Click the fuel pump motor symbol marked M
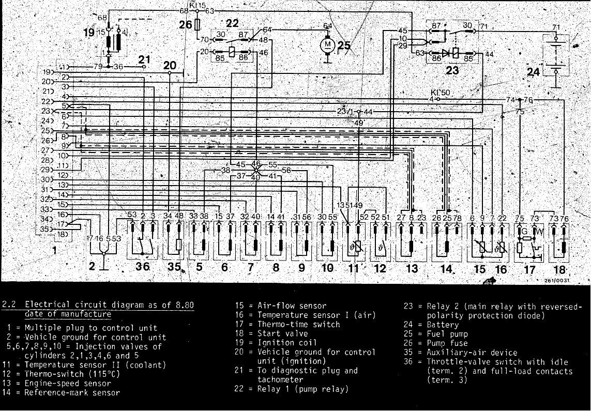pos(327,45)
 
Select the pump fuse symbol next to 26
pos(197,24)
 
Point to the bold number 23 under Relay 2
pos(452,70)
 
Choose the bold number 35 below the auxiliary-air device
pos(174,267)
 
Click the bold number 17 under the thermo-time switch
pos(529,269)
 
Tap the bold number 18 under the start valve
pos(558,269)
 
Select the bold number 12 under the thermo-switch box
pos(380,268)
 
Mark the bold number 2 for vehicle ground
pos(92,266)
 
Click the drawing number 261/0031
pos(556,280)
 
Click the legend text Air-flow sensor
pos(292,306)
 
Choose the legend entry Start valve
pos(282,333)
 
